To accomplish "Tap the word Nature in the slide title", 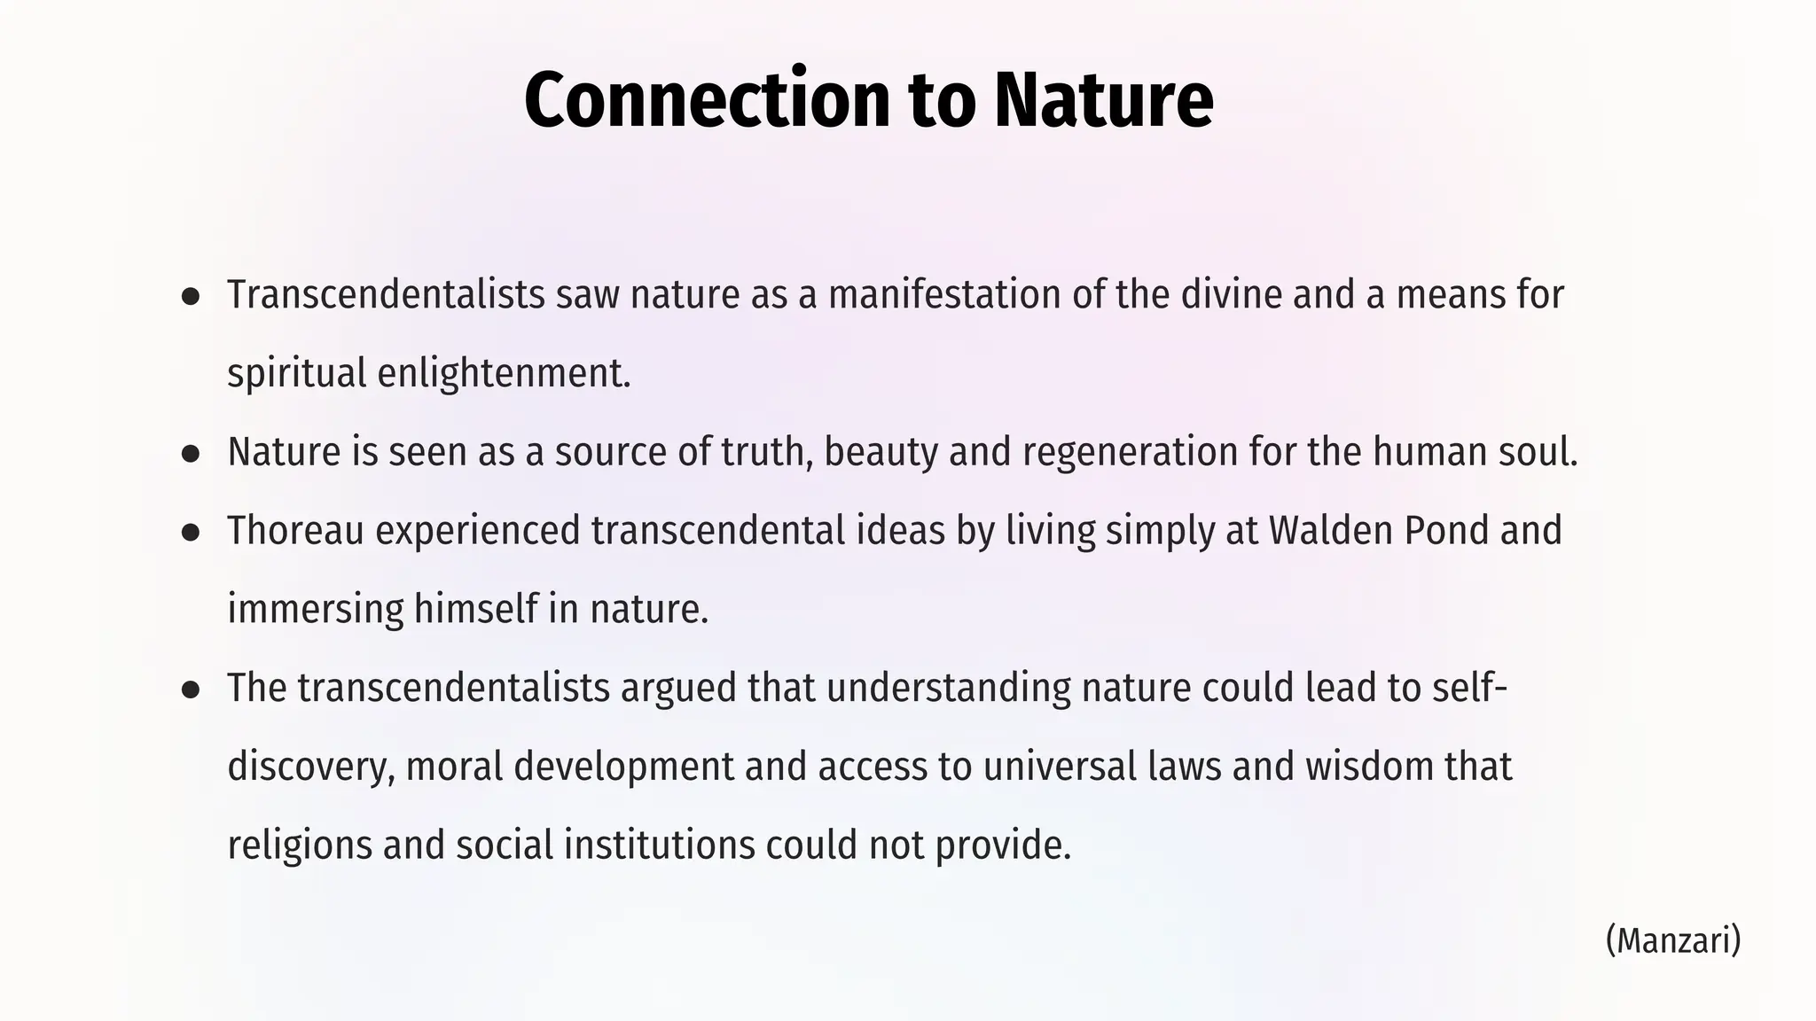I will click(x=1103, y=99).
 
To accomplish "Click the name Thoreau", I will click(x=295, y=531).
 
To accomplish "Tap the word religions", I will click(x=299, y=845).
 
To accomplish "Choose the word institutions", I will click(x=659, y=845).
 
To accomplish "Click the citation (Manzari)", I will click(x=1672, y=939).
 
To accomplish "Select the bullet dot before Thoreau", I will click(x=190, y=532).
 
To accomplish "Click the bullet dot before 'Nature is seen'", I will click(x=190, y=454).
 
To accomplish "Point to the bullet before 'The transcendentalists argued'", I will click(x=190, y=690).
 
